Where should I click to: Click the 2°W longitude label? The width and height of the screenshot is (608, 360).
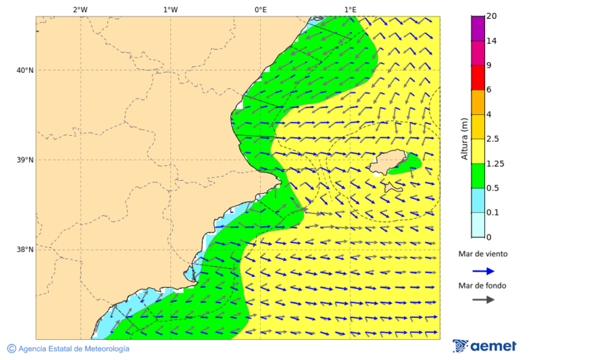point(80,9)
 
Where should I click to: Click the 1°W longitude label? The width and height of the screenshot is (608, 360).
point(170,9)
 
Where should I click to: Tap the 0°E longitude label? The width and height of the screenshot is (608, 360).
point(260,9)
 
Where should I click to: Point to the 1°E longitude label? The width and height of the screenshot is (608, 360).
point(350,9)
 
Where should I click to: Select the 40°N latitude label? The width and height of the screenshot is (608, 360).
point(25,70)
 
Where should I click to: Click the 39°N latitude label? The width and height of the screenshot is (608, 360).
point(25,160)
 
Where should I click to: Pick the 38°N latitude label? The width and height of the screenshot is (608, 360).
point(25,250)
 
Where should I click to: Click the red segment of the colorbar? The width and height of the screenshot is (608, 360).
point(478,77)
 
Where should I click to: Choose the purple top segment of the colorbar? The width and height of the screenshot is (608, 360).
point(478,28)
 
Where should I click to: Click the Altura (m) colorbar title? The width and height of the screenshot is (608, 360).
point(464,138)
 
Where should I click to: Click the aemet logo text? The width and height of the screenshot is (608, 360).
point(492,346)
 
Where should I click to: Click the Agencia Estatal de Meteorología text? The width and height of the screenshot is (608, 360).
point(73,349)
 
